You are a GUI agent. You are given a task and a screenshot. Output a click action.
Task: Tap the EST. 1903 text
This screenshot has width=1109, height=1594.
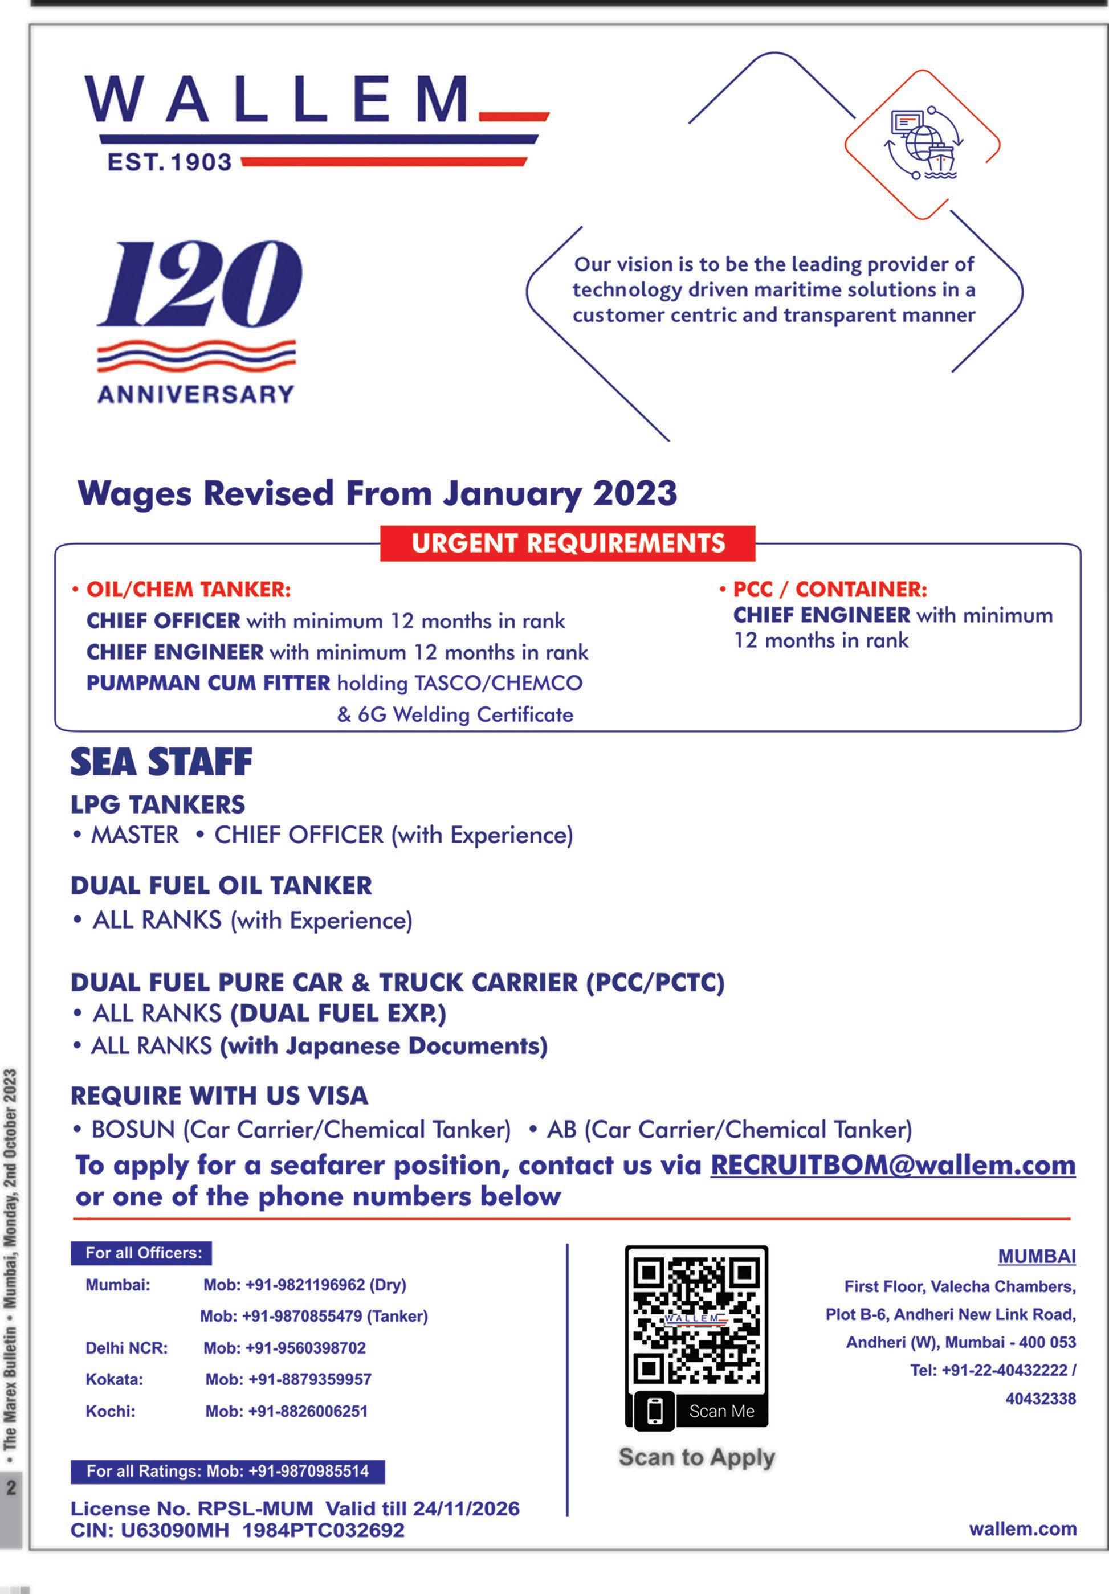coord(169,162)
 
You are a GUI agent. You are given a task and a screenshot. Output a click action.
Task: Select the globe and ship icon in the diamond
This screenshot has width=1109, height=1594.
coord(922,144)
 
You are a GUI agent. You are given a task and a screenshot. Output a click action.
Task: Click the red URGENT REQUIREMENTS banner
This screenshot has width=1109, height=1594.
coord(568,543)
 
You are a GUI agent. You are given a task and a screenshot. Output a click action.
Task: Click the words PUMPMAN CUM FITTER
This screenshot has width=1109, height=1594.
coord(209,683)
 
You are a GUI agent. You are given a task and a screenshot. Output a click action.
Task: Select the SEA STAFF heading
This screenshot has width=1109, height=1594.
coord(161,762)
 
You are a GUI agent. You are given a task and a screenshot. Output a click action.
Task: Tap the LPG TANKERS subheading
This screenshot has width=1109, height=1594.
coord(158,804)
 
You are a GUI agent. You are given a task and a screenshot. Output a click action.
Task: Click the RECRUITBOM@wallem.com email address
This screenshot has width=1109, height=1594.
coord(892,1165)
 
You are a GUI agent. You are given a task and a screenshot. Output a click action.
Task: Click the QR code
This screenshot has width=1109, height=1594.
coord(696,1318)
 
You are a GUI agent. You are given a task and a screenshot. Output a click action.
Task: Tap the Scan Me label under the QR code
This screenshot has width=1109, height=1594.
coord(721,1411)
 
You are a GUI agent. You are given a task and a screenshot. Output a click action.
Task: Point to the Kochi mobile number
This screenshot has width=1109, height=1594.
coord(286,1411)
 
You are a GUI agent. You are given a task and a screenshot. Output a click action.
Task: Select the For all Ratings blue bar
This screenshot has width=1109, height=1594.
coord(228,1470)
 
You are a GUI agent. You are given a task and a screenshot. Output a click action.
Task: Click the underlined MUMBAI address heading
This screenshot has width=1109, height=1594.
coord(1036,1257)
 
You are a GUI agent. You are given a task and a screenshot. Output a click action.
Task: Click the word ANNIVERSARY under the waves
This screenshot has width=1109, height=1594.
coord(196,394)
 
